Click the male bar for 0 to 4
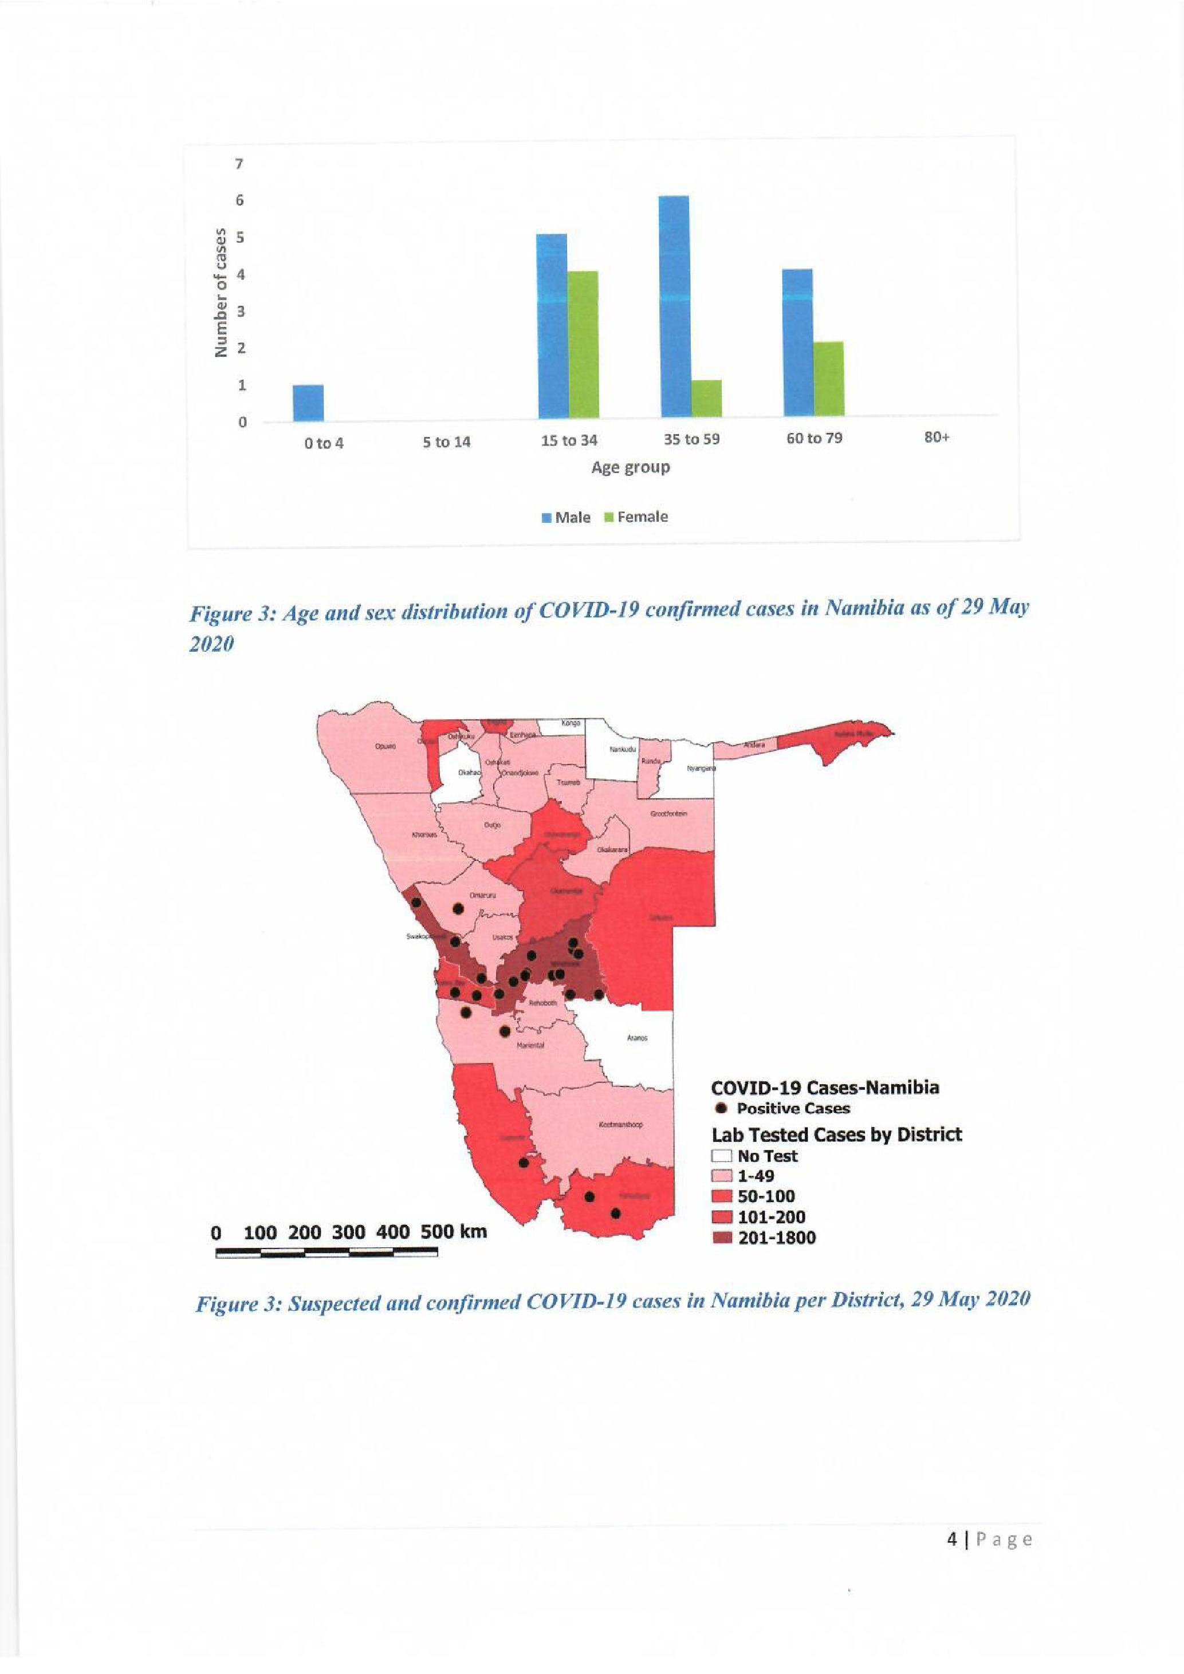click(x=308, y=403)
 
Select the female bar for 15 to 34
click(x=583, y=344)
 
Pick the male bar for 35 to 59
click(x=674, y=306)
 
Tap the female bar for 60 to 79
click(x=829, y=379)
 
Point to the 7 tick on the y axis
click(x=238, y=164)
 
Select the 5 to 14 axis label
click(x=447, y=442)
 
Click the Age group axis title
click(x=631, y=467)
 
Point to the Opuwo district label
click(x=385, y=747)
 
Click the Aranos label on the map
click(x=637, y=1038)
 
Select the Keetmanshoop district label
click(x=620, y=1125)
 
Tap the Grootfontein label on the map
click(x=668, y=812)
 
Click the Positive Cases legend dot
click(x=722, y=1108)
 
